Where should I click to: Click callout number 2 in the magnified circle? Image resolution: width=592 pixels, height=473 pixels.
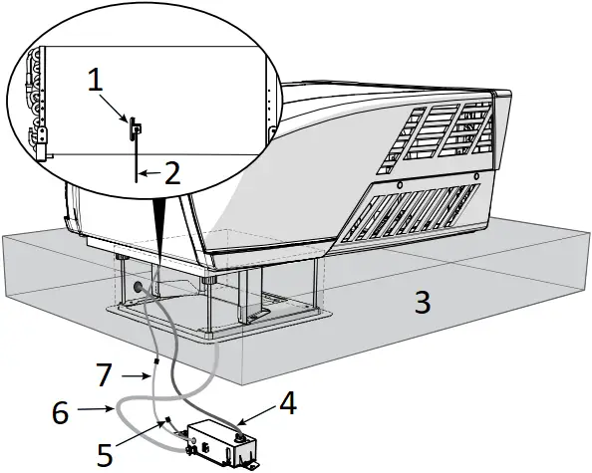171,174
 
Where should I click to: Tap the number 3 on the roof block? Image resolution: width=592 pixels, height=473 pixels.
424,302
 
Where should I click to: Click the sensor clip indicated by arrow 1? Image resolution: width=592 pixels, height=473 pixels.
134,127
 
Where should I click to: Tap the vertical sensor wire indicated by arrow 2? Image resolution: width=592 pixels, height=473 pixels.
135,164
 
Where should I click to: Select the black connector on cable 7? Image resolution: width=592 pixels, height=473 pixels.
155,375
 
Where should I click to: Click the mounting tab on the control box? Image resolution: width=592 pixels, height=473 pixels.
252,464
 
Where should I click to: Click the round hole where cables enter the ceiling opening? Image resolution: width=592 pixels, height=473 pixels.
131,286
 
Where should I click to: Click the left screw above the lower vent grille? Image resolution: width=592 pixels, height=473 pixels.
398,185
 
